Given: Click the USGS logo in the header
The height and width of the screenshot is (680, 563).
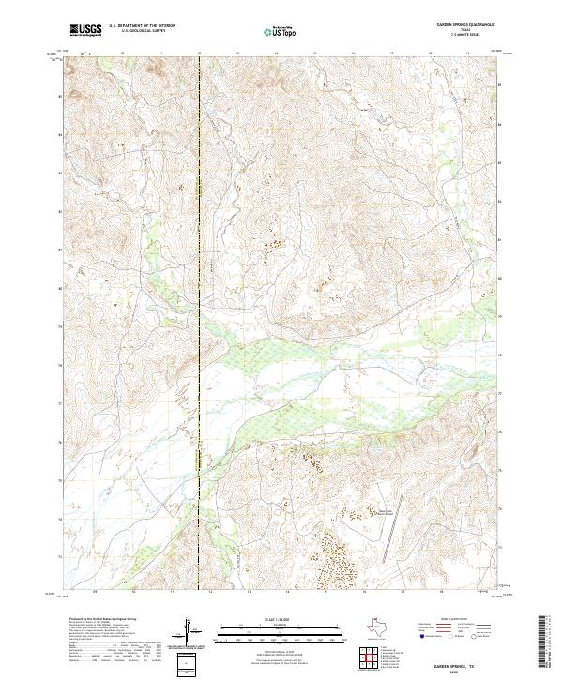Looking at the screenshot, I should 86,30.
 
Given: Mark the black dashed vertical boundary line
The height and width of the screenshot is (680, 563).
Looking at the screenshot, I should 199,281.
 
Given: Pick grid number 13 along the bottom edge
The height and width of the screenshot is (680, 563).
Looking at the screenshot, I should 247,593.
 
